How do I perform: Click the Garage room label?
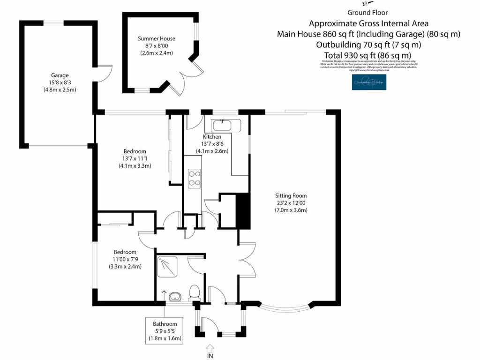click(x=60, y=75)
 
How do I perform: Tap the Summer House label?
click(x=157, y=38)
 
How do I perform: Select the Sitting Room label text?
click(x=291, y=195)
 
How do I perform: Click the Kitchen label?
click(x=212, y=136)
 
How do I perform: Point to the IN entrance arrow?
click(x=210, y=349)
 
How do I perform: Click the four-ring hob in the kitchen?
click(x=194, y=178)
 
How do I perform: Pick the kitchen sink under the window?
click(x=226, y=126)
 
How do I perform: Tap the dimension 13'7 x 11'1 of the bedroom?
click(x=135, y=158)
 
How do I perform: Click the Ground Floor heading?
click(x=367, y=13)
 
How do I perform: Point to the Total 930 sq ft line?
click(x=367, y=56)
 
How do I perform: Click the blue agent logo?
click(x=369, y=82)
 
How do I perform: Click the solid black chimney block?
click(x=242, y=211)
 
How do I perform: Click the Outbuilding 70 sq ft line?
click(x=368, y=45)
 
